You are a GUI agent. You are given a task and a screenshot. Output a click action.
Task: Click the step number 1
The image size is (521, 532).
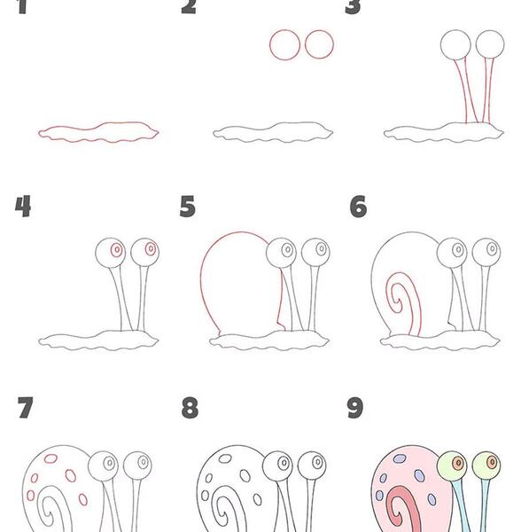pyautogui.click(x=22, y=7)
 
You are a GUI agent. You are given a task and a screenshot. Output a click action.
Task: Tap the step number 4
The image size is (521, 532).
pyautogui.click(x=23, y=207)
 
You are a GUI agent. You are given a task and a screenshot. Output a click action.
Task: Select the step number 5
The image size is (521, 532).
pyautogui.click(x=188, y=207)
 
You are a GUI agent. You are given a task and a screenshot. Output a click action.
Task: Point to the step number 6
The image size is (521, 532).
pyautogui.click(x=358, y=207)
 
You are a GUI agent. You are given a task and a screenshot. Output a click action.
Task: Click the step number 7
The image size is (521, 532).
pyautogui.click(x=26, y=407)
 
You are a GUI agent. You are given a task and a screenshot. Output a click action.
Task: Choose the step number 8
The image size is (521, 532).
pyautogui.click(x=190, y=407)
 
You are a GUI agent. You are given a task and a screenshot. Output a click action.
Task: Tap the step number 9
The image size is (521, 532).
pyautogui.click(x=355, y=407)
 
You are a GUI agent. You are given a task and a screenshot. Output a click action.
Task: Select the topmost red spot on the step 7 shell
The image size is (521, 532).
pyautogui.click(x=51, y=458)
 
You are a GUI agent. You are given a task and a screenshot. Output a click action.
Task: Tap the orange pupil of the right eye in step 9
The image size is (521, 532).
pyautogui.click(x=492, y=461)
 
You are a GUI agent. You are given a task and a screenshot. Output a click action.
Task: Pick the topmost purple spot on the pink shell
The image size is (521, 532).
pyautogui.click(x=400, y=458)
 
